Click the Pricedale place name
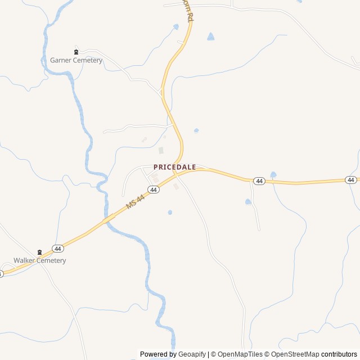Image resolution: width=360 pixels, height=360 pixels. coord(174,167)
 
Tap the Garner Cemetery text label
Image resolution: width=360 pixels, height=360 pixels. coord(76,60)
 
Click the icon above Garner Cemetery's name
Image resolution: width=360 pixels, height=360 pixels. coord(76,52)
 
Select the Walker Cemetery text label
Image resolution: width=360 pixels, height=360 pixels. coord(40,260)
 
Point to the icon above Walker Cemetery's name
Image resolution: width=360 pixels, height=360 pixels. coord(39,252)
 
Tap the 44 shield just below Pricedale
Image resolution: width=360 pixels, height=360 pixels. coord(154,190)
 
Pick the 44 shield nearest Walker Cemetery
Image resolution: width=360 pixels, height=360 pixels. coord(57,248)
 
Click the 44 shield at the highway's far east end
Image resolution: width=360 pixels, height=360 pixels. coord(351,180)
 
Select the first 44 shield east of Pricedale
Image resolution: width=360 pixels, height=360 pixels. coord(259,181)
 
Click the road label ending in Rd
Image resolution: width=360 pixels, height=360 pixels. coord(187,10)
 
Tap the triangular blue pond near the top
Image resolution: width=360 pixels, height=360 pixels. coord(210,37)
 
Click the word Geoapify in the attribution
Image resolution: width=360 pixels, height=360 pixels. coord(192,354)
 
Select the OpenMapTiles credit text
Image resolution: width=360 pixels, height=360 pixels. coord(240,354)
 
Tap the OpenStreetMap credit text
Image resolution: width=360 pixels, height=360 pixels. coord(295,354)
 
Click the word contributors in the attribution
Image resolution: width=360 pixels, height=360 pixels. coord(339,354)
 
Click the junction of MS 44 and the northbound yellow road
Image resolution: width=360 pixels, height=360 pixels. coord(179,171)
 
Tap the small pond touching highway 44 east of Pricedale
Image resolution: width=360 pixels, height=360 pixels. coord(273,175)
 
